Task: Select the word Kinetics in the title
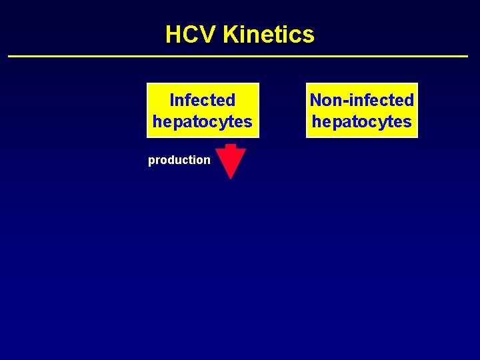269,34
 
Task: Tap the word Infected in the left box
202,100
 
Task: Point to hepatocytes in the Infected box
202,121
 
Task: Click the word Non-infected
361,100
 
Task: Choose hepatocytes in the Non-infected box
361,121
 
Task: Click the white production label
179,160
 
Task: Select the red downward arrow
231,162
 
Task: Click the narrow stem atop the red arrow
231,146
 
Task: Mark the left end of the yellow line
9,56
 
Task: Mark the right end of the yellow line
467,56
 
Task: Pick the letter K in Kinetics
231,34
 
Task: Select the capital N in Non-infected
317,100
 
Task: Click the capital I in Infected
172,100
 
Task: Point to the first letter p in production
151,161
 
